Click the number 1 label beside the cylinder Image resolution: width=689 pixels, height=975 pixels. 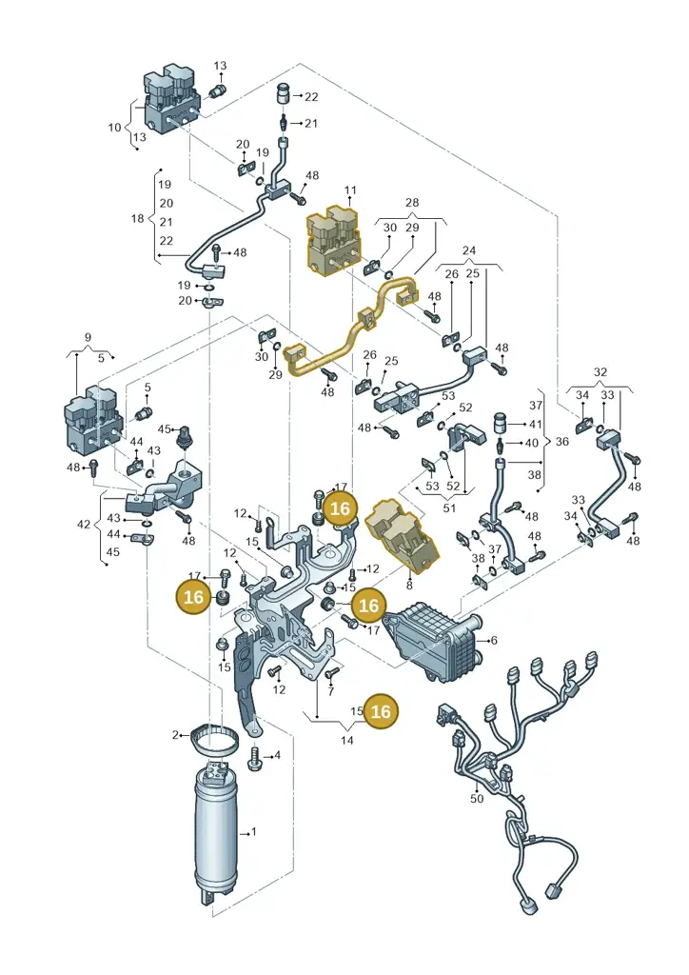click(x=253, y=831)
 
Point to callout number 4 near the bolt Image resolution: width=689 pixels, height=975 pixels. click(x=277, y=755)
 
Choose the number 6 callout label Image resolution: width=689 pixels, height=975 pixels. click(x=494, y=641)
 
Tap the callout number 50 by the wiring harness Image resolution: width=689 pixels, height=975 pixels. click(x=477, y=798)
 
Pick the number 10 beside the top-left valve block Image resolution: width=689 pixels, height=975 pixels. click(x=114, y=128)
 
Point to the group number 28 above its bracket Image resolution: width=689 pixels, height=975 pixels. click(x=412, y=203)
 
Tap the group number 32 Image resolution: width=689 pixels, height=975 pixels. click(x=600, y=372)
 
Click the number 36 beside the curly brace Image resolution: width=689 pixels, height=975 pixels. click(x=562, y=442)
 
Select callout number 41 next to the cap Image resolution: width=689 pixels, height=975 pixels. click(x=536, y=424)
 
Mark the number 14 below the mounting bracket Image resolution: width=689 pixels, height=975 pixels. click(x=347, y=741)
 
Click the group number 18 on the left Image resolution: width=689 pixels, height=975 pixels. click(x=137, y=218)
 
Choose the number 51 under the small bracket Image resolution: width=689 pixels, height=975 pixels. click(x=449, y=508)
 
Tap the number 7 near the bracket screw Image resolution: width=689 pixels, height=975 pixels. click(x=331, y=691)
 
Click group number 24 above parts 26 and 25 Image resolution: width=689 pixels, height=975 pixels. click(x=469, y=250)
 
